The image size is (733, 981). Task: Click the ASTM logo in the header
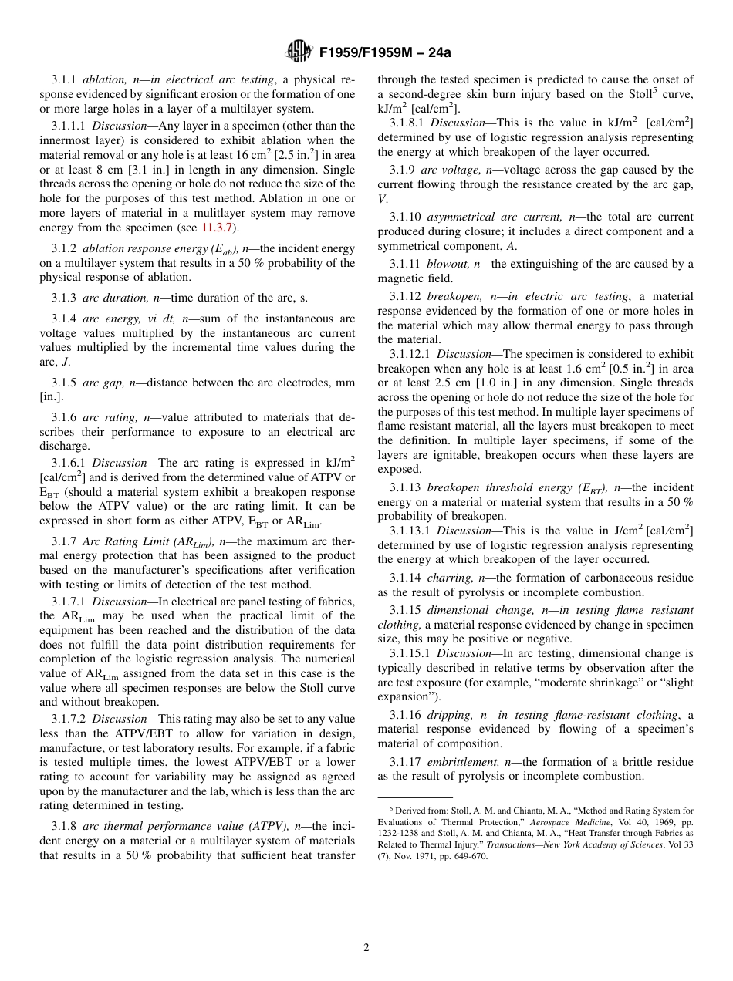(298, 52)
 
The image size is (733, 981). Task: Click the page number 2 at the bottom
(366, 948)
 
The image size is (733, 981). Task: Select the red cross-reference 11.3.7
(220, 228)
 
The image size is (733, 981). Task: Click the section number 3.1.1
(64, 79)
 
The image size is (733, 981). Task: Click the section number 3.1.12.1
(410, 354)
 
